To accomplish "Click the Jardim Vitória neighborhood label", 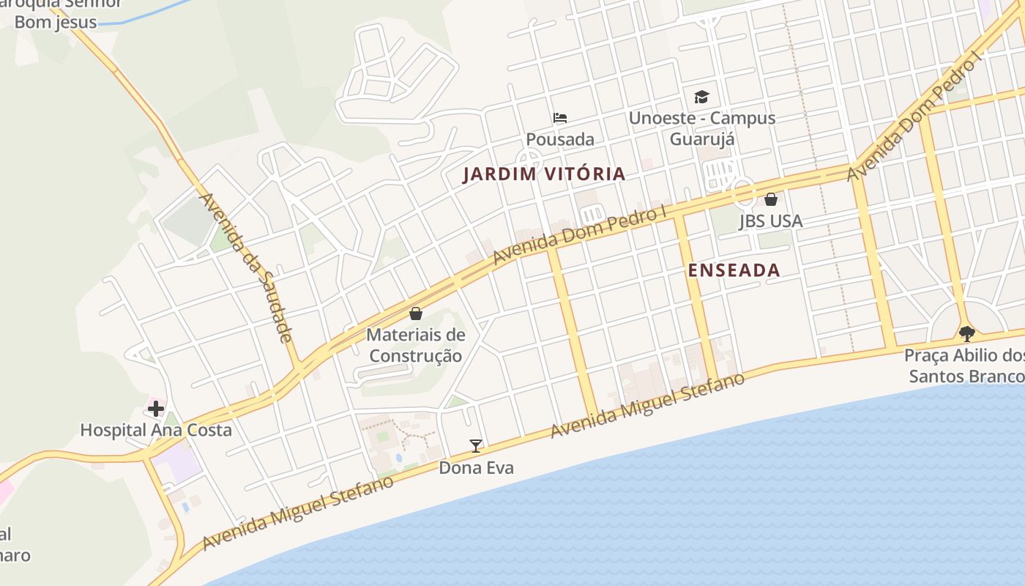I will tap(544, 174).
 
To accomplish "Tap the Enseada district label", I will tap(734, 270).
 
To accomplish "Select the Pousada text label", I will tap(560, 139).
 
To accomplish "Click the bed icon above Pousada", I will tap(560, 117).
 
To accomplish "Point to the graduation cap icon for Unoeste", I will tap(701, 97).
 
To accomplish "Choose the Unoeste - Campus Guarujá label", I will tap(701, 128).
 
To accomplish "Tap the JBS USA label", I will tap(770, 220).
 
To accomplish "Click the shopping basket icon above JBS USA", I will tap(770, 199).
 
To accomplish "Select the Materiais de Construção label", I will tap(416, 346).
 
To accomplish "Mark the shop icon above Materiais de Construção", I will tap(416, 314).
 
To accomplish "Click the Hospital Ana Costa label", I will tap(156, 430).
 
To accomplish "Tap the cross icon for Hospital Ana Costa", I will tap(155, 408).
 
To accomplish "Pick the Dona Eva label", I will tap(476, 467).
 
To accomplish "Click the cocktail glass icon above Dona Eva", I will tap(476, 445).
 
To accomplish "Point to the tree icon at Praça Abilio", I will tap(966, 334).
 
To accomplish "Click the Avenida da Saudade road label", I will tap(246, 267).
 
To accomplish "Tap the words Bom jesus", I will tap(56, 22).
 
